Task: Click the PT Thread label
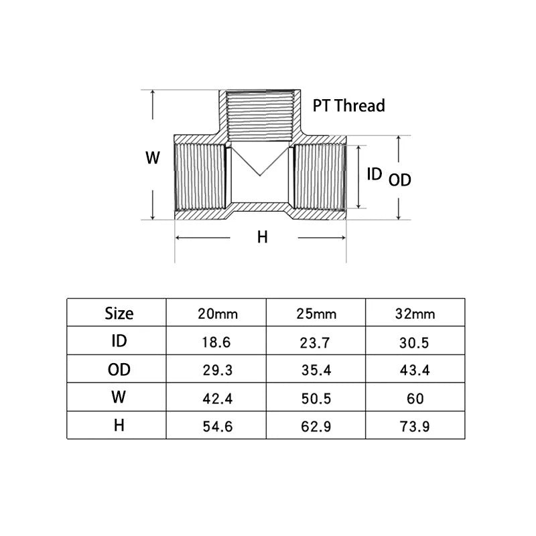(x=348, y=105)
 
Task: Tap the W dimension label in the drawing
(x=153, y=157)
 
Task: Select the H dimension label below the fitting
(x=262, y=237)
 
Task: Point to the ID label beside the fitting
(x=375, y=174)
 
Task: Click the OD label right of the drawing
(x=399, y=180)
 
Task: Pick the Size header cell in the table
(x=119, y=314)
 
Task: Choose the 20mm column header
(x=218, y=314)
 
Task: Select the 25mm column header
(x=316, y=314)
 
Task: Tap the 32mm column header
(x=415, y=314)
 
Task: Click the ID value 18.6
(x=216, y=342)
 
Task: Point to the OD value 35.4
(x=316, y=371)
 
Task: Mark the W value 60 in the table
(x=415, y=399)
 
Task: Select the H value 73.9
(x=415, y=427)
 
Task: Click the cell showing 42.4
(x=218, y=399)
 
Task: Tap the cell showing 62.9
(x=316, y=427)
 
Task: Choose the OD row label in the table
(x=119, y=370)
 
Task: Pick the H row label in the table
(x=119, y=425)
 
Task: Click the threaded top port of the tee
(x=260, y=115)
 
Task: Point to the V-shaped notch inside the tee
(x=260, y=161)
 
